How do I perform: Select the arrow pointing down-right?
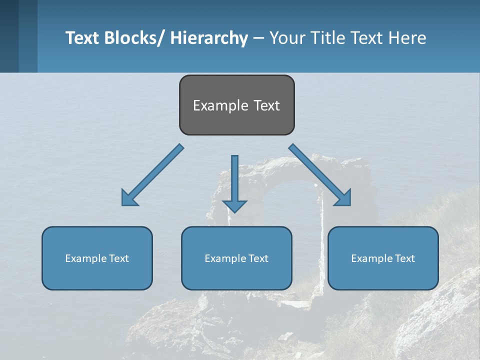tap(320, 175)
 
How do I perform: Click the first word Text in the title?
tap(82, 38)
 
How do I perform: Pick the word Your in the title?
tap(287, 38)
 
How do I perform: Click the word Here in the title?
tap(408, 38)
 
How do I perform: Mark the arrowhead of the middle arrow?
tap(234, 206)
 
